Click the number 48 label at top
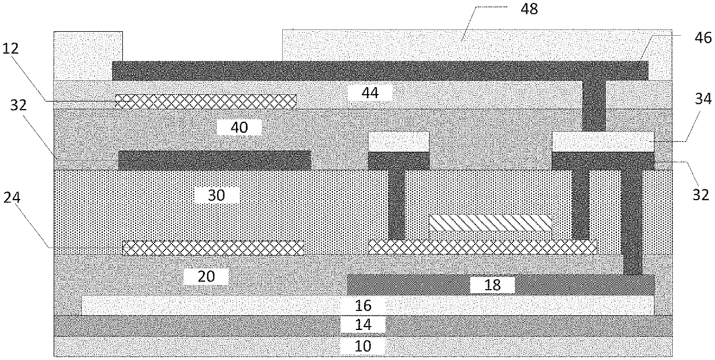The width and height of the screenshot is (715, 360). [x=529, y=10]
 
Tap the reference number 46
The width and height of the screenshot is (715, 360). [x=684, y=35]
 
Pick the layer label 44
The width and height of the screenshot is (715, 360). [x=370, y=92]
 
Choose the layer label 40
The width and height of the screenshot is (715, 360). [x=239, y=127]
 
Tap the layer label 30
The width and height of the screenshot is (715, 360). [x=216, y=196]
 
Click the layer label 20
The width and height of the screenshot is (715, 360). [x=206, y=276]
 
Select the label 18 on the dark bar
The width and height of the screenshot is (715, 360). [x=492, y=284]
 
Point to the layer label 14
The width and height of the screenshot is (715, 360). [x=362, y=325]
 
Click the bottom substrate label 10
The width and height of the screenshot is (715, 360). [x=362, y=346]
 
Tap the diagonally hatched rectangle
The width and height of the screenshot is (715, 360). [x=490, y=223]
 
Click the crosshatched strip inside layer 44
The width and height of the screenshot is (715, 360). [x=205, y=101]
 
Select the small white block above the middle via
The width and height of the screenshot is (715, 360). [x=399, y=141]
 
